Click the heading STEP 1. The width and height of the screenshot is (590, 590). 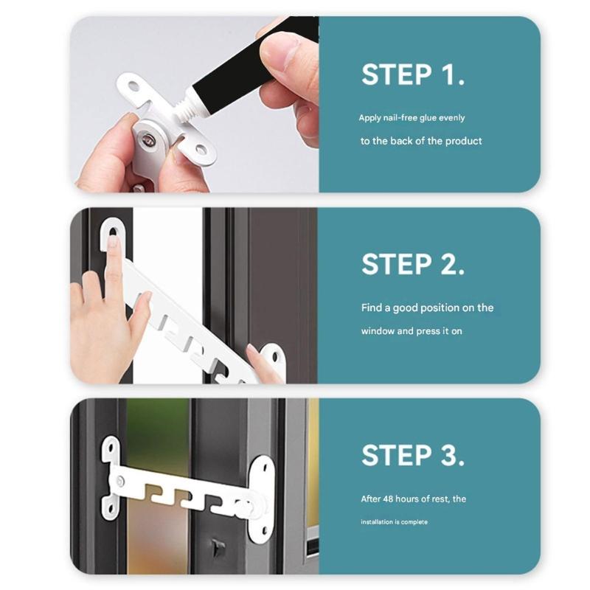413,74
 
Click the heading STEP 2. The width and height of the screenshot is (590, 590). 413,265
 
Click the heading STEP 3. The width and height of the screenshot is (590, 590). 413,455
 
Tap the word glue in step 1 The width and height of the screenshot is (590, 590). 430,118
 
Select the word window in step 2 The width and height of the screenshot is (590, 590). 378,331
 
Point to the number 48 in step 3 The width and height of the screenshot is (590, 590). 389,499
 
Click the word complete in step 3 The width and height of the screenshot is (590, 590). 414,522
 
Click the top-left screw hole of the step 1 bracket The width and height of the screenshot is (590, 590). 133,86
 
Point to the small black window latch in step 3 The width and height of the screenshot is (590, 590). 217,548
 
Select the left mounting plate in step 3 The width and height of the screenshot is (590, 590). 111,477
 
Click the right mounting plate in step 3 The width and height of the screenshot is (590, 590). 260,498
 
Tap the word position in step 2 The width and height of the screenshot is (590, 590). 432,308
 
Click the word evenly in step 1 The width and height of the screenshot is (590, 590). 453,118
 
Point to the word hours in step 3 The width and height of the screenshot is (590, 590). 413,499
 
